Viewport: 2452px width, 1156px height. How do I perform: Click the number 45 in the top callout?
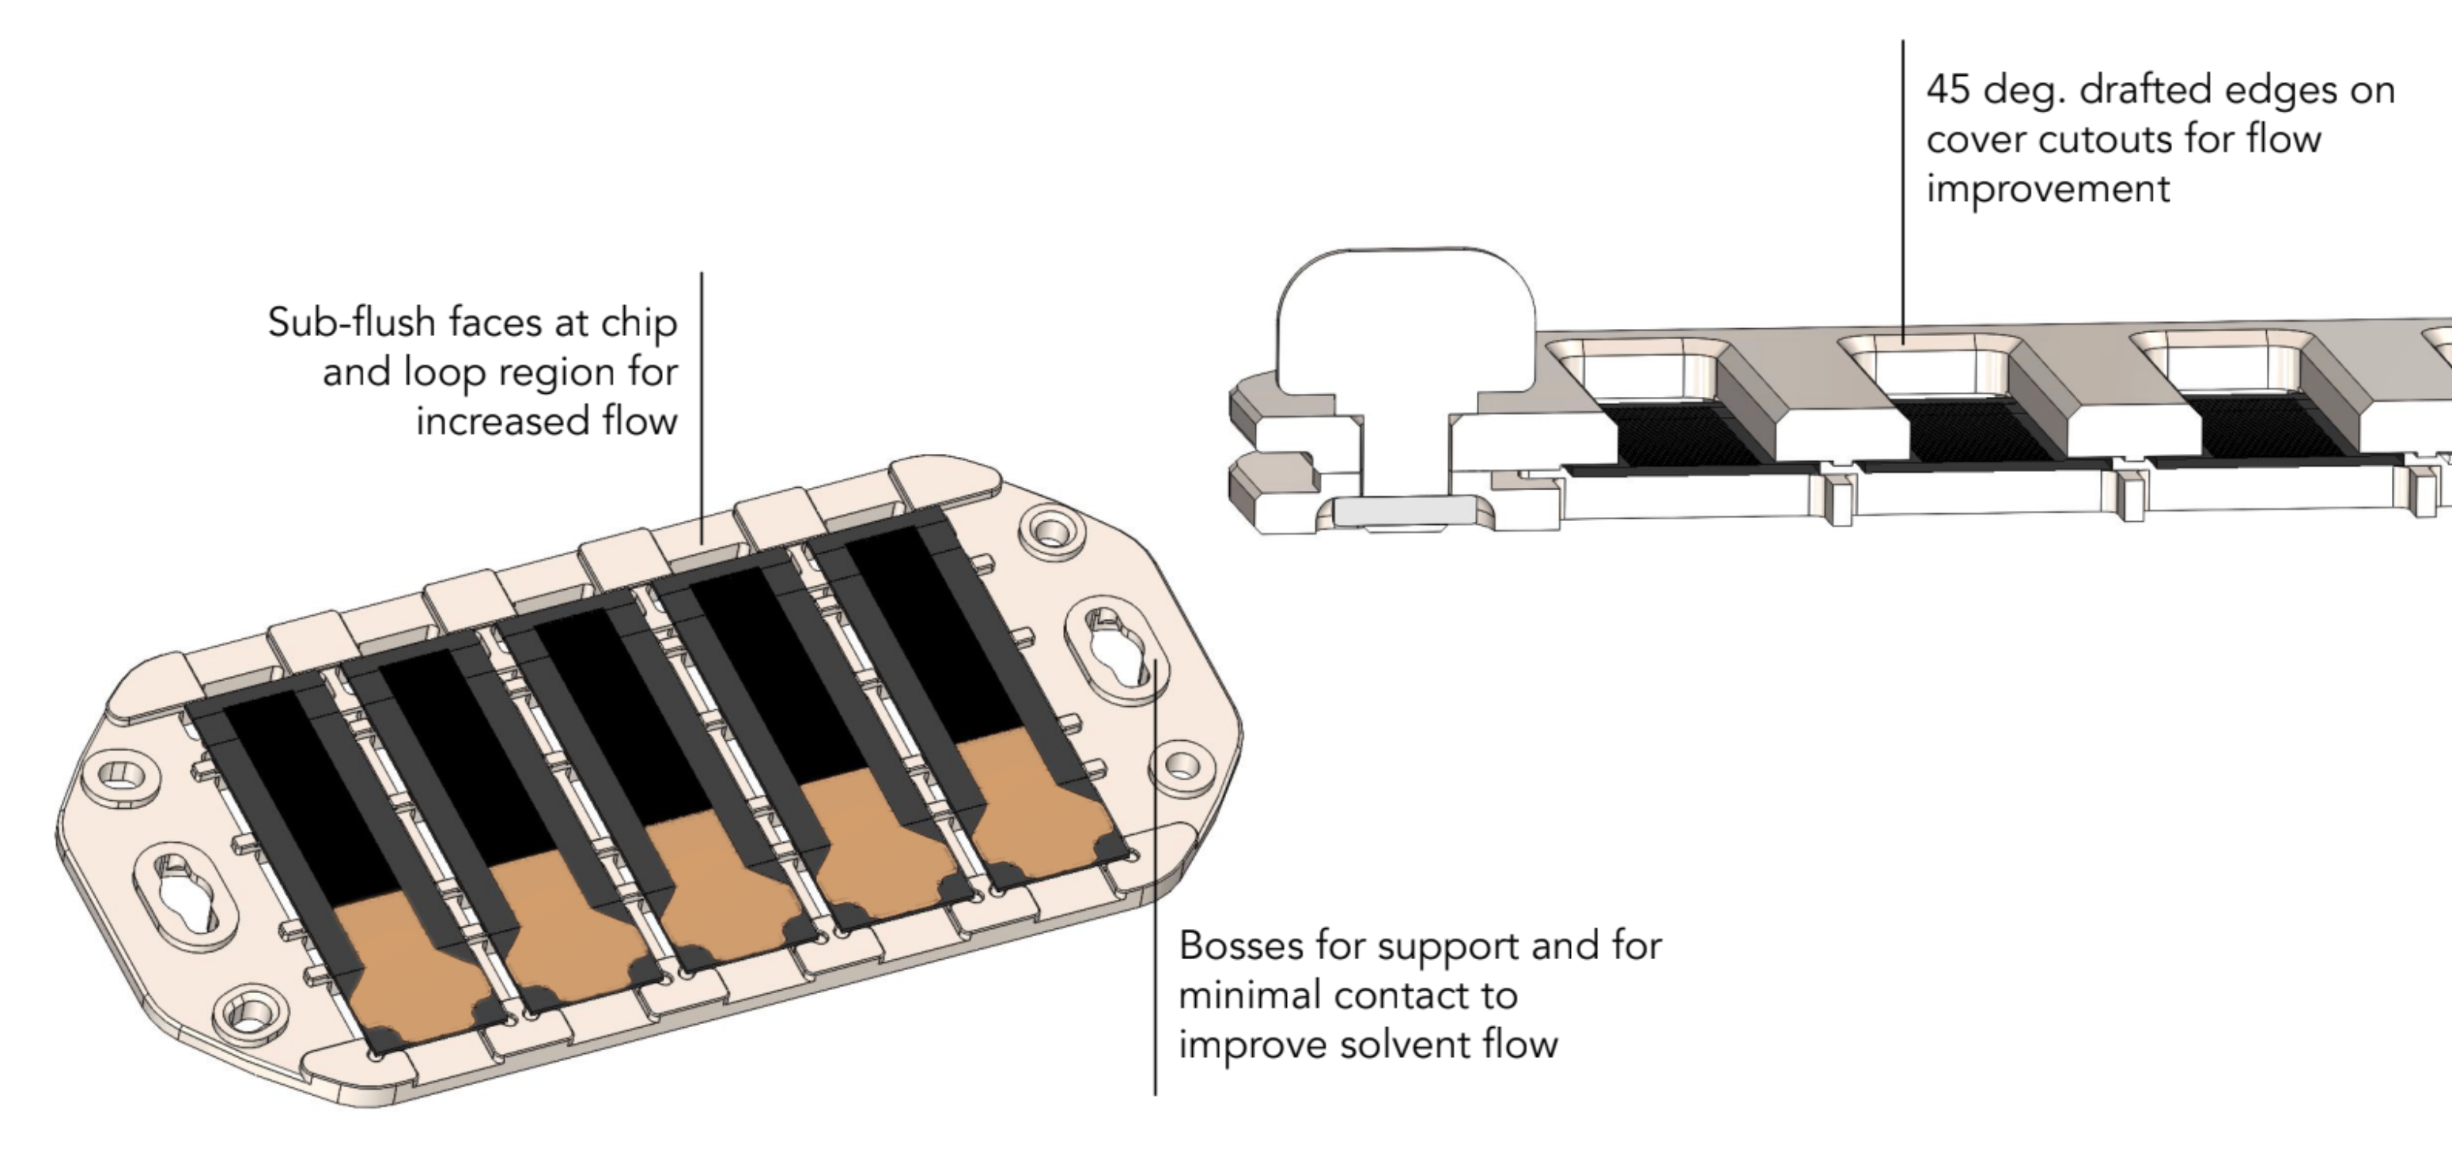[1948, 90]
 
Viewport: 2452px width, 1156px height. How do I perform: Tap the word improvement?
[2048, 189]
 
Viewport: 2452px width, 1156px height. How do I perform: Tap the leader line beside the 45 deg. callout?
[1903, 191]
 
